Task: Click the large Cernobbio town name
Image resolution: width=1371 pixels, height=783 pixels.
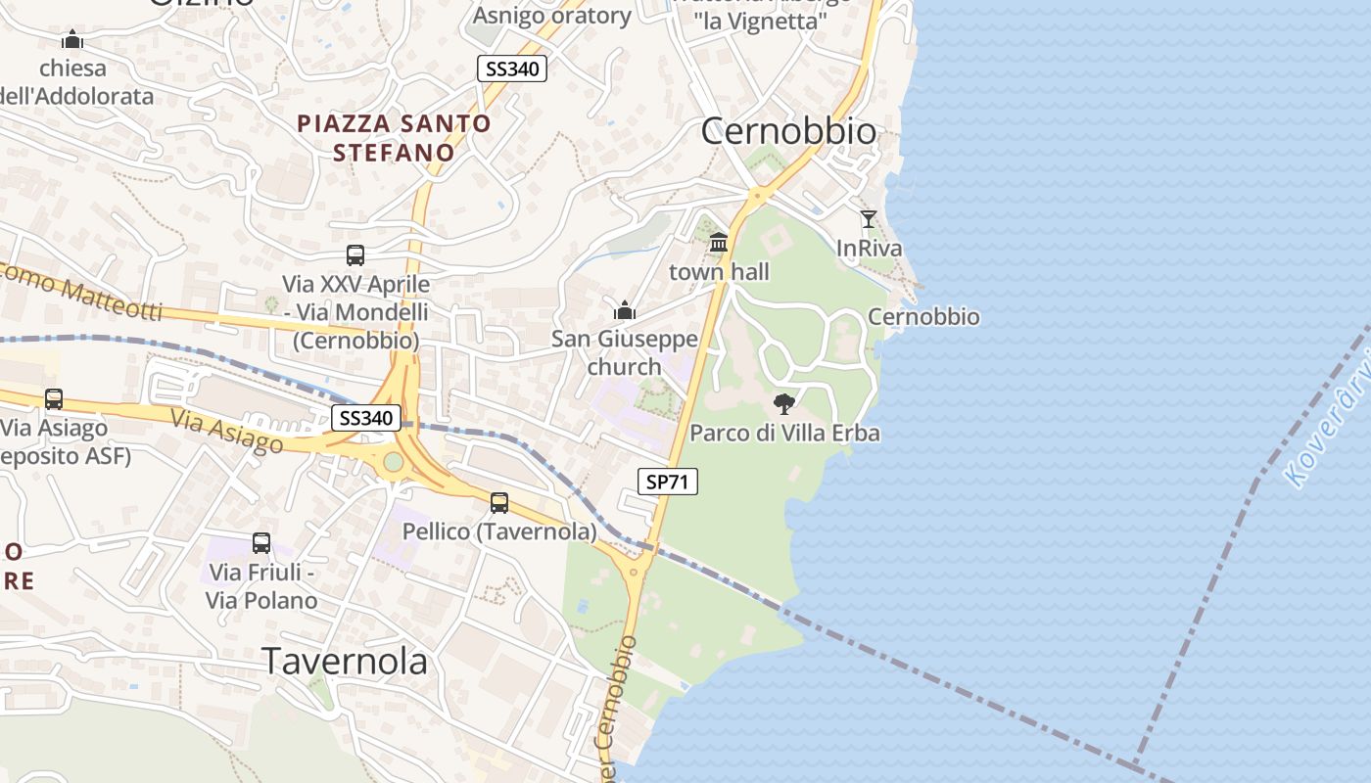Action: (788, 131)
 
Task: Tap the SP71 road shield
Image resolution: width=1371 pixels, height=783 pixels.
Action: (668, 482)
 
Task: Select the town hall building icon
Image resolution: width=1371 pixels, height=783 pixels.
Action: (719, 242)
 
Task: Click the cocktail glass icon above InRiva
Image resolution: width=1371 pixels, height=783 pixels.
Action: (868, 218)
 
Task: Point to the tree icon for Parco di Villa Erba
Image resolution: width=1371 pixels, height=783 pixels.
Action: (783, 403)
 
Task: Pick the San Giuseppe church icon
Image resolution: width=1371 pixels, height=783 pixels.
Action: (625, 311)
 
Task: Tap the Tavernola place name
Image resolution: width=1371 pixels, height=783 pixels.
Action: (345, 662)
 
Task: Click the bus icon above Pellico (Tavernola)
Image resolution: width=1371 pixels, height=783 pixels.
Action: (499, 503)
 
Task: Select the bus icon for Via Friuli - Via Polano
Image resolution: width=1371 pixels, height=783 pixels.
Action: (261, 542)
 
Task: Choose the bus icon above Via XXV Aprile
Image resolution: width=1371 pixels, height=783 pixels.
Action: (355, 255)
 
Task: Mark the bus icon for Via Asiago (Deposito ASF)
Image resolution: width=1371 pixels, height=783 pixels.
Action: (54, 399)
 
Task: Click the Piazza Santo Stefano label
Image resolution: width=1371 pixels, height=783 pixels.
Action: (394, 138)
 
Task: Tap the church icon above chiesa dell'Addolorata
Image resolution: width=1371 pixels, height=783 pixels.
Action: (72, 40)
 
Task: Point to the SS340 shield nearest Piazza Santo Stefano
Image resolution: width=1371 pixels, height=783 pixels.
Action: (511, 69)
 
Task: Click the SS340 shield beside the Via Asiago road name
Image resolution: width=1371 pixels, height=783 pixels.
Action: (365, 419)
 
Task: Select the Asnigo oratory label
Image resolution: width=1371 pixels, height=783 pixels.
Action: (552, 16)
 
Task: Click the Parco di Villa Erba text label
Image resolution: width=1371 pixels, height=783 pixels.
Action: (784, 433)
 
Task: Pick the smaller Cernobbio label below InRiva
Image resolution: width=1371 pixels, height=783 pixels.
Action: (923, 317)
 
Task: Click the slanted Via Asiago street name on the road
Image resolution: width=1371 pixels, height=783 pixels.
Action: (227, 431)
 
